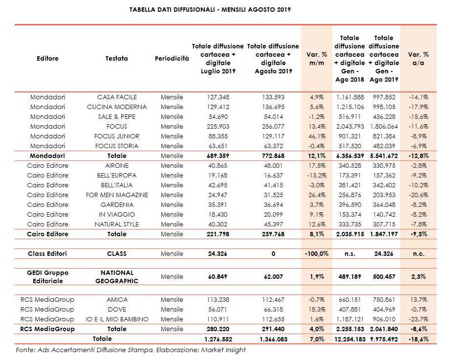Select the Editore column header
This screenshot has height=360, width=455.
[47, 59]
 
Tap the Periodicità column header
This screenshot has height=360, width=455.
[172, 59]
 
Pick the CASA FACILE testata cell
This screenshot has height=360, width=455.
[117, 97]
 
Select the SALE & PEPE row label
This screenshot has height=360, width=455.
[117, 116]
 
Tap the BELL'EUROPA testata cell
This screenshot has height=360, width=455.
[117, 175]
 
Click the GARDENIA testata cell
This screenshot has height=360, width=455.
[117, 204]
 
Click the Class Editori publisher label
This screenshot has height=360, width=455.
[47, 253]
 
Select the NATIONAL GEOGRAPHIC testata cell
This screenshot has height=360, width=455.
[117, 277]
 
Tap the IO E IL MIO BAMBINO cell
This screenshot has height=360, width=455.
[117, 319]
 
